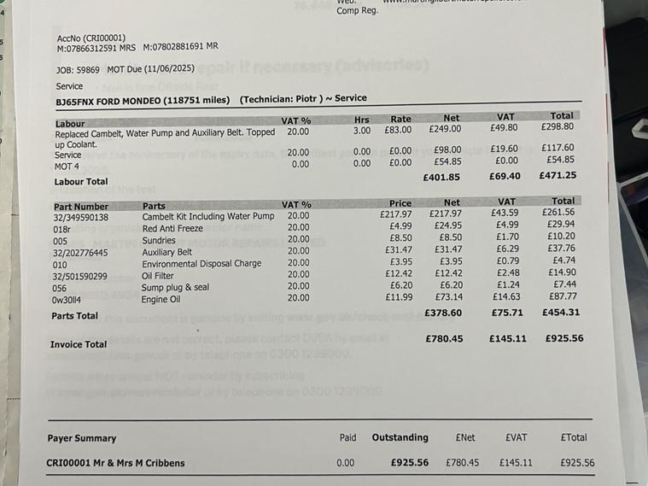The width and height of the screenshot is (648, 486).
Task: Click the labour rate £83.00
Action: click(399, 130)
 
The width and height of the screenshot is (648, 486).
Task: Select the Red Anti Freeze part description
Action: click(172, 228)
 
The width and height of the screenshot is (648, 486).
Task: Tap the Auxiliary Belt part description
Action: click(167, 252)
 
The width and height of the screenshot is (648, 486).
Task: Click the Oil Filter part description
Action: click(158, 275)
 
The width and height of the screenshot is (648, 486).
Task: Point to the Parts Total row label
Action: click(74, 316)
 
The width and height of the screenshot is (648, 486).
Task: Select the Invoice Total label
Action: click(79, 345)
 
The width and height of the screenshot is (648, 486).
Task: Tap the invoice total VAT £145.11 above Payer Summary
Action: click(507, 339)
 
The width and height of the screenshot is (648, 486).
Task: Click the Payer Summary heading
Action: click(81, 438)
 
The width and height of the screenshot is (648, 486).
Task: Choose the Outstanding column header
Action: click(400, 437)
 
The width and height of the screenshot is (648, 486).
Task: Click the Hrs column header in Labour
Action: click(362, 120)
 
